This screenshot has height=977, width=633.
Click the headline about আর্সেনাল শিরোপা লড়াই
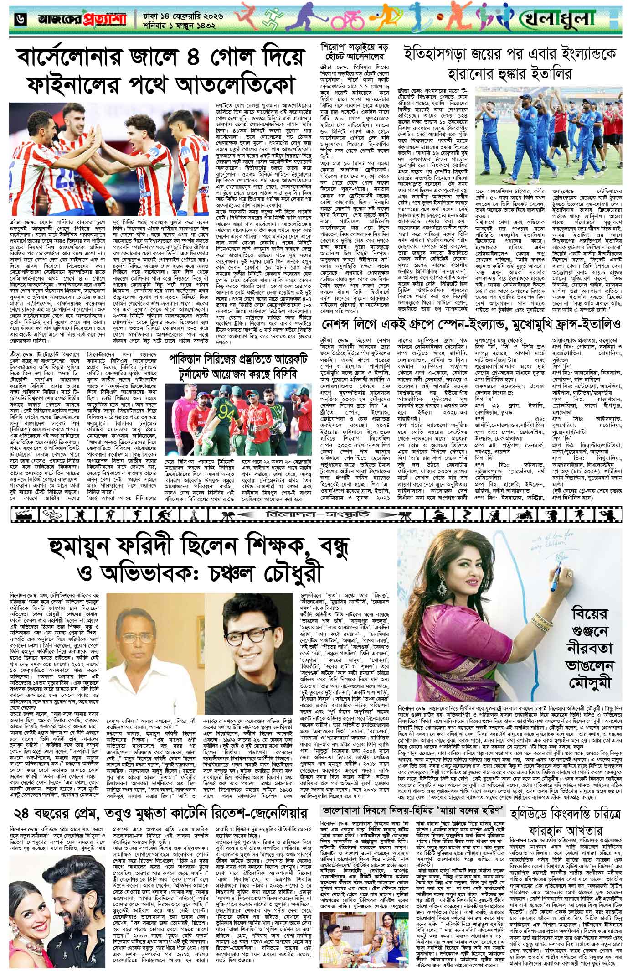(x=353, y=53)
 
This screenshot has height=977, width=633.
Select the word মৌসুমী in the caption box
(x=590, y=670)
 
